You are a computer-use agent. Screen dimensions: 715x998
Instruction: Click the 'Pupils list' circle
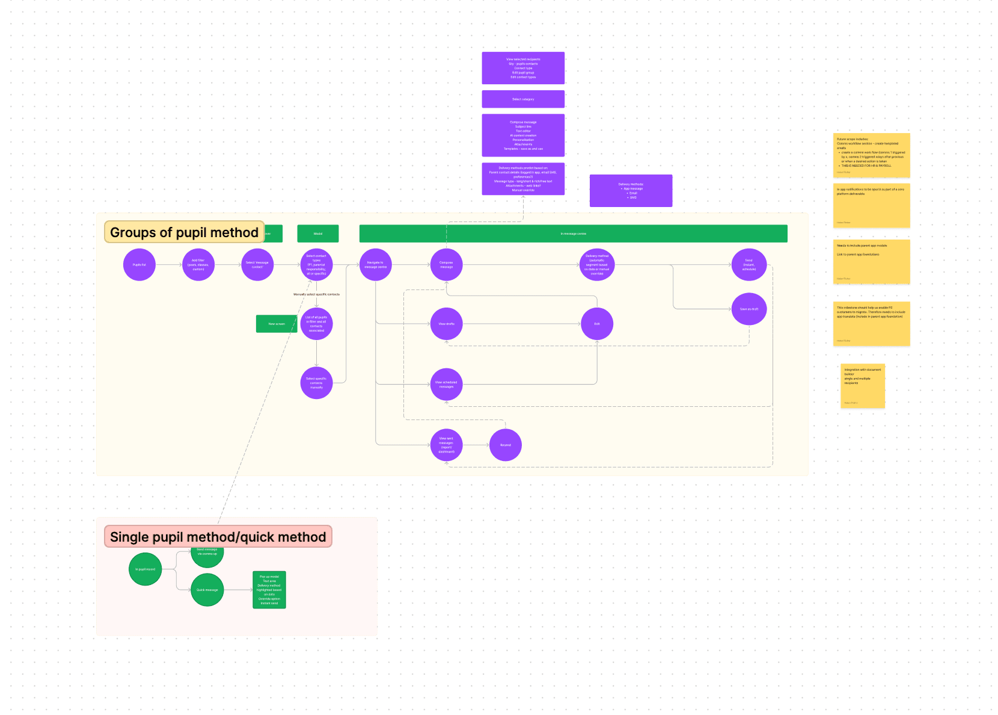139,265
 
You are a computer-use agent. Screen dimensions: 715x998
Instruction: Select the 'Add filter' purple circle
198,265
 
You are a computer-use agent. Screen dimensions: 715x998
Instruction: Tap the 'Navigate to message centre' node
375,265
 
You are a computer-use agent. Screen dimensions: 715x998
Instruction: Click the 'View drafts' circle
446,324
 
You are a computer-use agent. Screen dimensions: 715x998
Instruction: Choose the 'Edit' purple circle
597,324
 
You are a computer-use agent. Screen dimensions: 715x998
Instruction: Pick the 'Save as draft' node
749,309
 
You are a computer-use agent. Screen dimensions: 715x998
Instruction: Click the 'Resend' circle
506,445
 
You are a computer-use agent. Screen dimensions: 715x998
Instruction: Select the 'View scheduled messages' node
446,385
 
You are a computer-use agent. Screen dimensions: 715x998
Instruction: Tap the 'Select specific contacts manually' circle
316,383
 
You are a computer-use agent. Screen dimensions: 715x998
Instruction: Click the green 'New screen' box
277,324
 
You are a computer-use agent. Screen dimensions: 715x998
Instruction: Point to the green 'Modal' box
318,234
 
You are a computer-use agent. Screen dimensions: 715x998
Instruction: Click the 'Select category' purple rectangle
523,99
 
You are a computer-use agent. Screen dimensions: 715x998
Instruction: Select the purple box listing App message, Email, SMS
631,191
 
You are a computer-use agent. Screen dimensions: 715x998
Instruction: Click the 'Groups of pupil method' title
184,232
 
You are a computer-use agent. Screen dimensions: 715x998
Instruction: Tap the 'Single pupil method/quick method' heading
218,537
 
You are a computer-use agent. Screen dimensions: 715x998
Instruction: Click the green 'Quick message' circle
207,590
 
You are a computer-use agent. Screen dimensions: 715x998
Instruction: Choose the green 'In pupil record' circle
145,569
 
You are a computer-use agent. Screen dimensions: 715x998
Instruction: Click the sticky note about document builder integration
863,386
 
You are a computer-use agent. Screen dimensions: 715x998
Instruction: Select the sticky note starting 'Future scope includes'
871,155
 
